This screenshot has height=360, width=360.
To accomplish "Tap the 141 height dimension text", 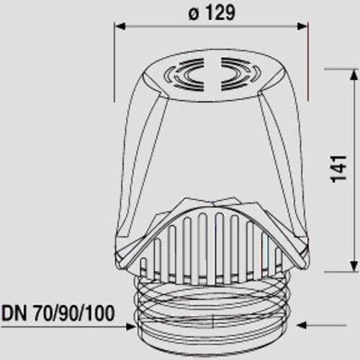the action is tap(339, 168).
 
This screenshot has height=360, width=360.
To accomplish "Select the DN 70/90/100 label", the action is tap(58, 313).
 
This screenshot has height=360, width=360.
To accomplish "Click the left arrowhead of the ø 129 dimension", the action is tap(120, 26).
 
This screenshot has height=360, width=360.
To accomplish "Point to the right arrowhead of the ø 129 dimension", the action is tap(302, 26).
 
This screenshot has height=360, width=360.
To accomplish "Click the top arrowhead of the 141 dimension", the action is tap(354, 75).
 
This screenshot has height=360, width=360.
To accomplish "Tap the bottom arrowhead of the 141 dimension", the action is tap(354, 266).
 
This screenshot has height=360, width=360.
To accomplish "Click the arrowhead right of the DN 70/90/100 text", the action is tap(130, 326).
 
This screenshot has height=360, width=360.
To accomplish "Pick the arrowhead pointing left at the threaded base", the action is tap(302, 325).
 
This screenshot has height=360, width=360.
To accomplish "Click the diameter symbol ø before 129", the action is tap(194, 14).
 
